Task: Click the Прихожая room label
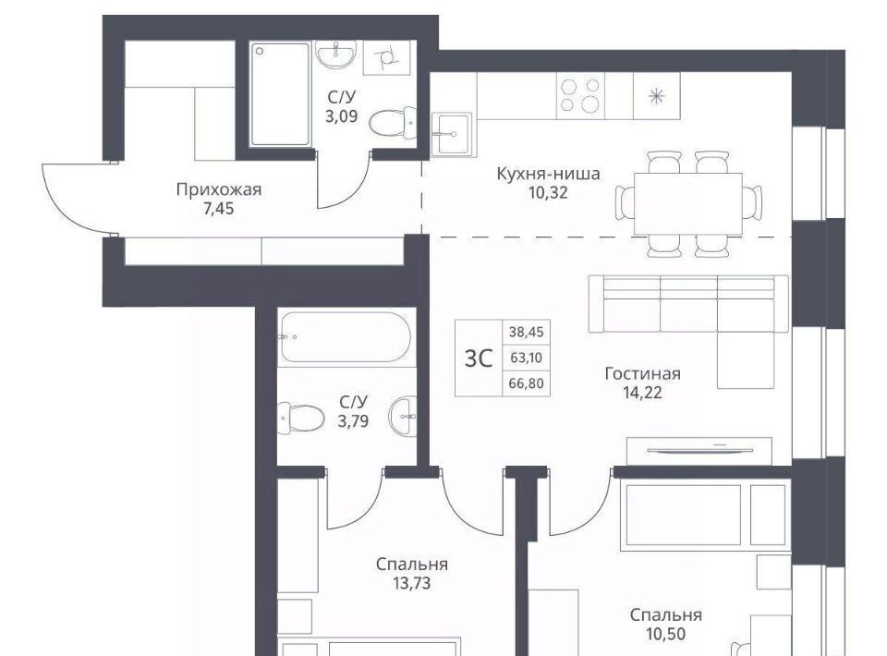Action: [219, 188]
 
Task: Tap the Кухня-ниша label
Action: [548, 173]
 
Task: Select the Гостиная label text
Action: [643, 373]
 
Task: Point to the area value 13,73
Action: [412, 582]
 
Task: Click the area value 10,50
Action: [666, 634]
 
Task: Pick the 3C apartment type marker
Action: [479, 358]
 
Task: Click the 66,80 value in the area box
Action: [526, 383]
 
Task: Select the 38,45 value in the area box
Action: [526, 332]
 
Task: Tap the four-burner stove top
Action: [580, 95]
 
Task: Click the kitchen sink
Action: [452, 133]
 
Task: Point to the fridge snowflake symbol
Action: [656, 96]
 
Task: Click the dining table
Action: [687, 203]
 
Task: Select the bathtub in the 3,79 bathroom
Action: [345, 337]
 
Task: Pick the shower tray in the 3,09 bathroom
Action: [280, 94]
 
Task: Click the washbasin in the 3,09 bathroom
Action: [336, 55]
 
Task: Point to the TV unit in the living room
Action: [699, 451]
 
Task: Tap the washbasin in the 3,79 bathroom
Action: [403, 417]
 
